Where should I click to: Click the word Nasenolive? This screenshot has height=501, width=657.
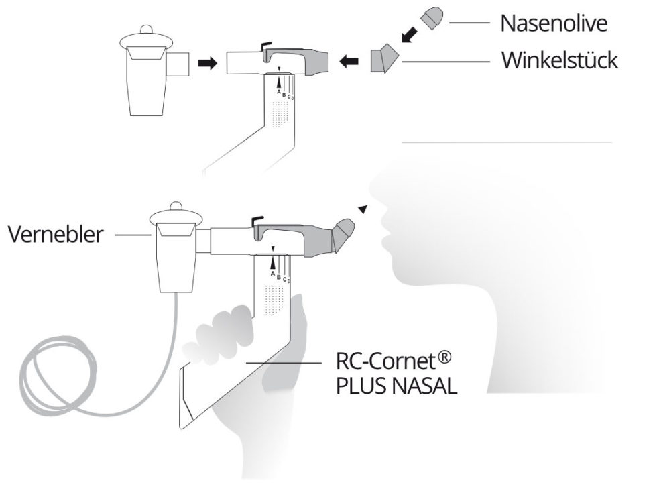(x=554, y=23)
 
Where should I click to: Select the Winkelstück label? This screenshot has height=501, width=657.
(x=560, y=61)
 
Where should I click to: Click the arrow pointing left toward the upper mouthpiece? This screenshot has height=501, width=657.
(x=349, y=62)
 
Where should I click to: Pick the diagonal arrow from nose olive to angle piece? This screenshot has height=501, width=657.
(x=408, y=34)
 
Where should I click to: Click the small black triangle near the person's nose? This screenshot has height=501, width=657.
(x=363, y=209)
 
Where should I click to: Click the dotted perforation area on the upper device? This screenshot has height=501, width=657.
(x=280, y=115)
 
